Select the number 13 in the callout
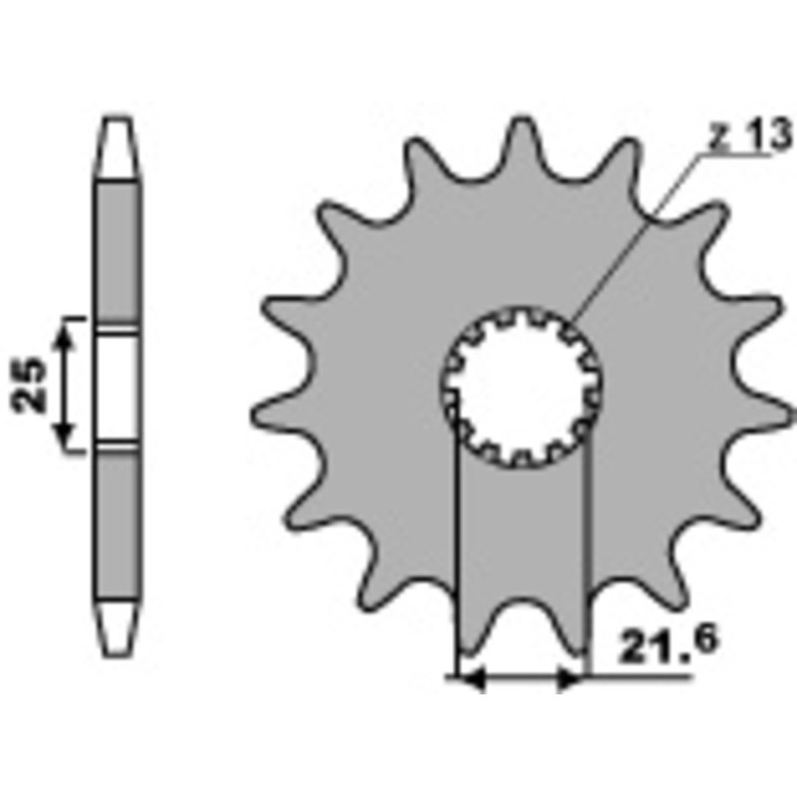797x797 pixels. click(x=760, y=138)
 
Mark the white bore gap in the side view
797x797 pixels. click(x=119, y=385)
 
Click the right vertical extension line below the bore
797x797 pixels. click(x=589, y=558)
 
